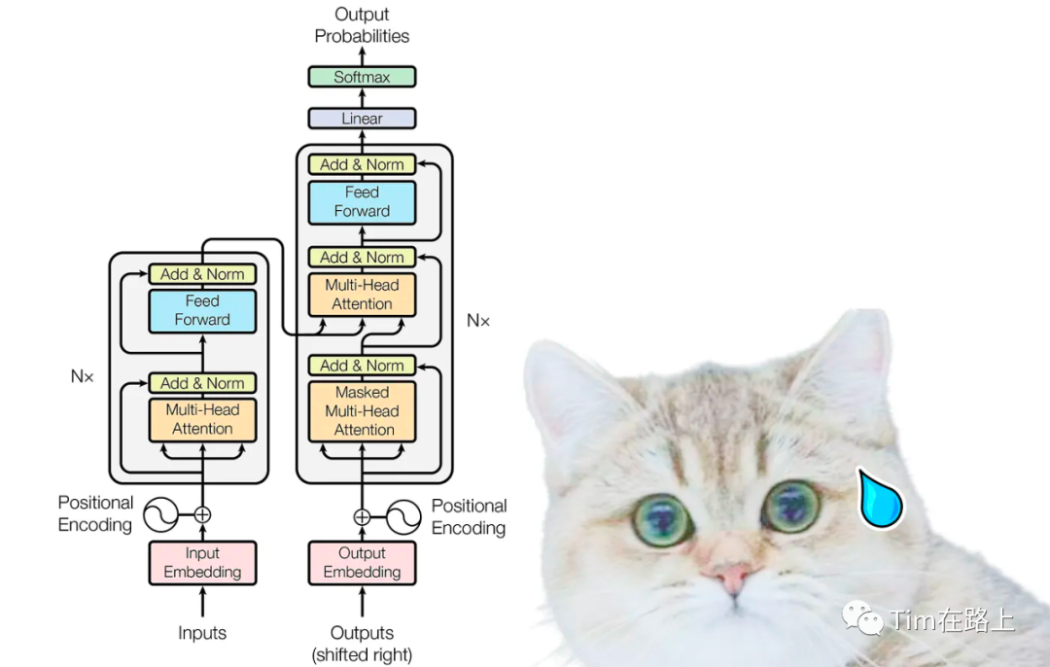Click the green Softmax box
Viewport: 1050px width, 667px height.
click(x=362, y=77)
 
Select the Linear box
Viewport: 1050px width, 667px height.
click(x=362, y=119)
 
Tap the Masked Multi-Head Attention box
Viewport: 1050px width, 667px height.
click(x=362, y=411)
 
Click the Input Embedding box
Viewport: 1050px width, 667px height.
click(x=202, y=563)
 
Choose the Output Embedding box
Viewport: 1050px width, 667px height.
click(x=362, y=563)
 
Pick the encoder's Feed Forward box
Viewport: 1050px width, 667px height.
click(x=202, y=311)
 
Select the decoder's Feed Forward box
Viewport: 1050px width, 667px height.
click(x=362, y=202)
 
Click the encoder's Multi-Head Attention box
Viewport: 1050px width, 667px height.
click(x=202, y=419)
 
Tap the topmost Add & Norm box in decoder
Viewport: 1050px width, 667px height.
click(x=362, y=164)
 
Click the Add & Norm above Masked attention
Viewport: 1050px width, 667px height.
click(x=362, y=366)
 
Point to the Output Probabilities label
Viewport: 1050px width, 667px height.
click(x=362, y=25)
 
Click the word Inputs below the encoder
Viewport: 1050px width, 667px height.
click(x=202, y=633)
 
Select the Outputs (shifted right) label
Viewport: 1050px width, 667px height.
click(x=362, y=644)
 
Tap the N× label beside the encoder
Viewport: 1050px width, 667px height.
click(x=83, y=376)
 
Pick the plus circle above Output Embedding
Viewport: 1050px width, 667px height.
click(x=362, y=517)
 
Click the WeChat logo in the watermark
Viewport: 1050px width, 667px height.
click(x=860, y=616)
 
